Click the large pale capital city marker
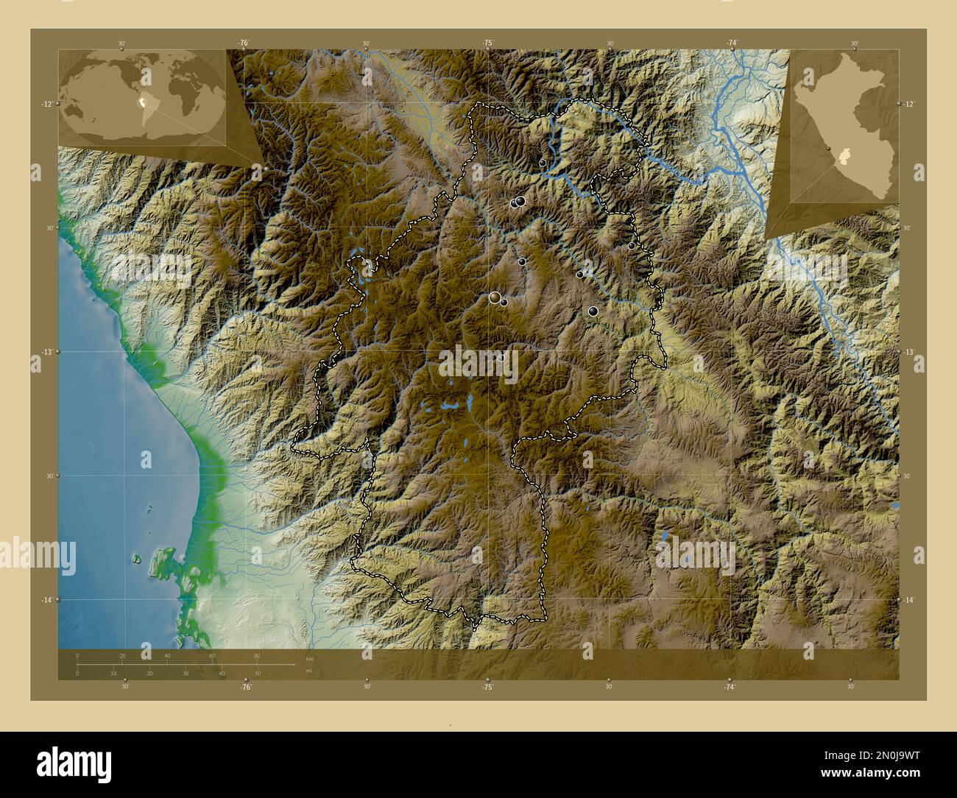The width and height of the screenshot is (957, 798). pos(495,297)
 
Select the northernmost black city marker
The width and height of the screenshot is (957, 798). pos(543,163)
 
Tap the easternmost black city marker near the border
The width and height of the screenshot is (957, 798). pos(632,246)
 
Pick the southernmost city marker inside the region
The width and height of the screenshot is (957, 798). pos(501,358)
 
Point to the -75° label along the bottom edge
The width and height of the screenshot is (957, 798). pos(487,687)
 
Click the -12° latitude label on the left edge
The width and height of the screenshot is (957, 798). pos(46,105)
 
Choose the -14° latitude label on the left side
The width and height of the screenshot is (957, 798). pos(46,601)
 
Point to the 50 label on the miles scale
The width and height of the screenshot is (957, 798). pos(258,674)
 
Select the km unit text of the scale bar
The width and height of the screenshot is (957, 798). pos(310,658)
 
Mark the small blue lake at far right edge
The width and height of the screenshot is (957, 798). pos(894,506)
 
